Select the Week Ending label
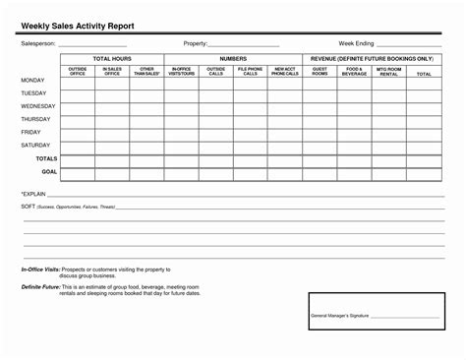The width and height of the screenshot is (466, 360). [x=357, y=44]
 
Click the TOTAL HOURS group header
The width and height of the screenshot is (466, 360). [x=112, y=59]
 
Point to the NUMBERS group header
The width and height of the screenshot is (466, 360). [x=233, y=59]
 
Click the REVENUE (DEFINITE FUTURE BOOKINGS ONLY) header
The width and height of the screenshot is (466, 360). [x=372, y=59]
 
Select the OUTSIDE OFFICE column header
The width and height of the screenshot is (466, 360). [x=79, y=71]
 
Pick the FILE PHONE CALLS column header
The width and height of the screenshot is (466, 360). [x=251, y=71]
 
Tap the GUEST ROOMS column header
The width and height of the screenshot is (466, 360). [x=320, y=71]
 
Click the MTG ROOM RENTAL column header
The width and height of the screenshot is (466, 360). [x=388, y=71]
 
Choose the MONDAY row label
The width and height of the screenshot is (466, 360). [x=32, y=80]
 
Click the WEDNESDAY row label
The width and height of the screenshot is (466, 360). [x=37, y=105]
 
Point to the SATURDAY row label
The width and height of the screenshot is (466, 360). [x=35, y=145]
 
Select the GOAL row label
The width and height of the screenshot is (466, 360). [x=49, y=171]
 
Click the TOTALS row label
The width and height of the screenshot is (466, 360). [x=46, y=157]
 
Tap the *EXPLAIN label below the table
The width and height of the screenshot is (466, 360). [x=33, y=195]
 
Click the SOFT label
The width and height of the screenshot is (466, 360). [x=29, y=208]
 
